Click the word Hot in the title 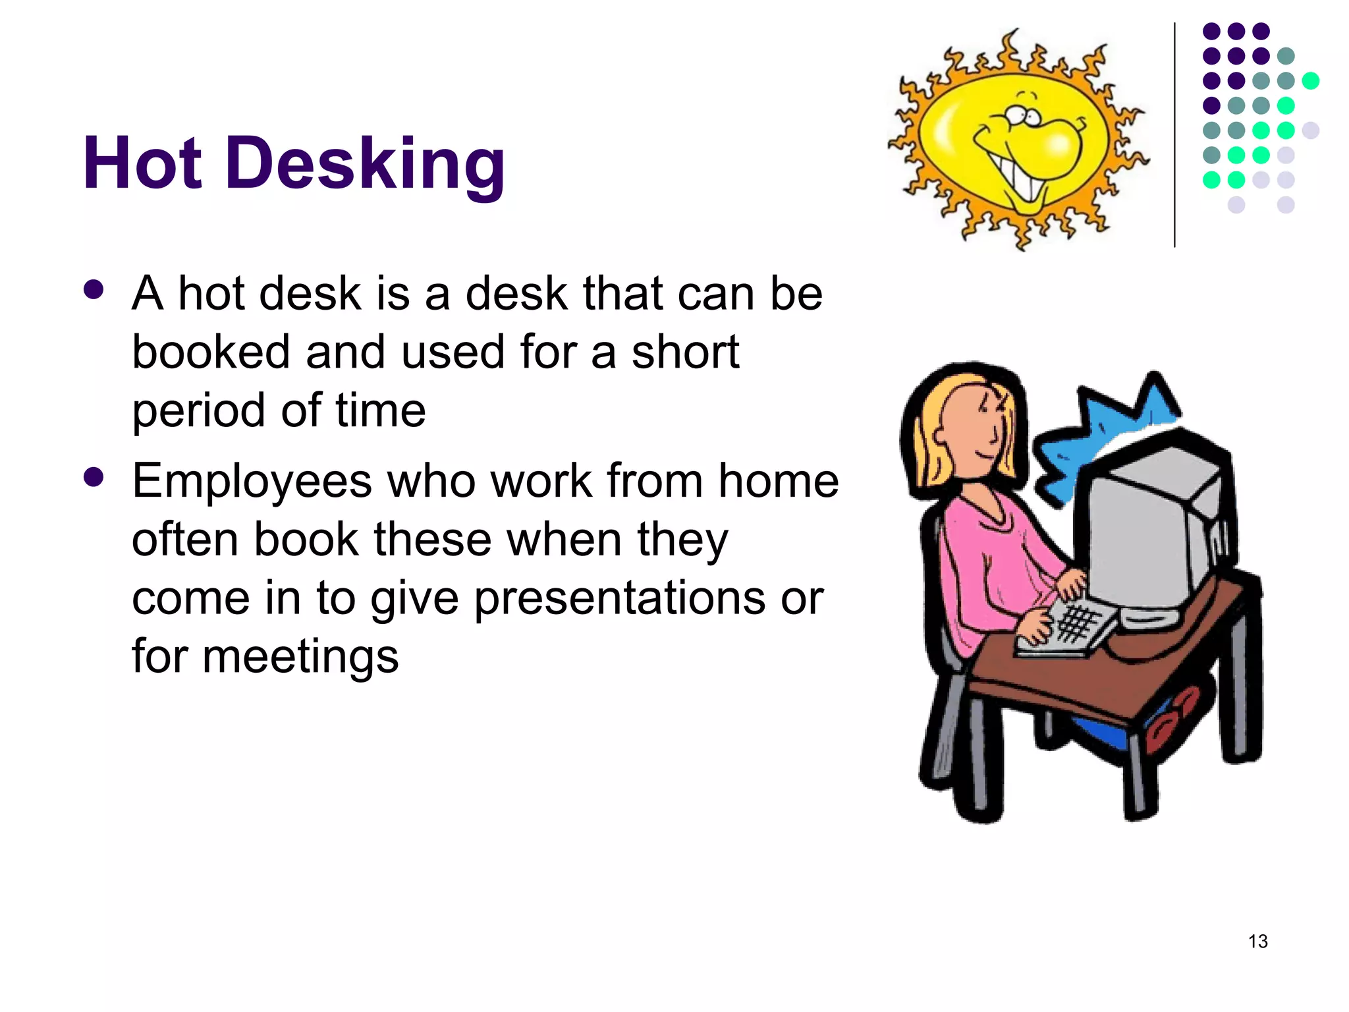coord(142,163)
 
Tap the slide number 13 coord(1257,942)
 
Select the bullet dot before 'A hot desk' coord(94,290)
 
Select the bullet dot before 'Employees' coord(94,477)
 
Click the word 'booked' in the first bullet coord(211,352)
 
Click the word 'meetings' coord(300,657)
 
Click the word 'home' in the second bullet coord(778,480)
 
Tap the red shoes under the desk coord(1172,718)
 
